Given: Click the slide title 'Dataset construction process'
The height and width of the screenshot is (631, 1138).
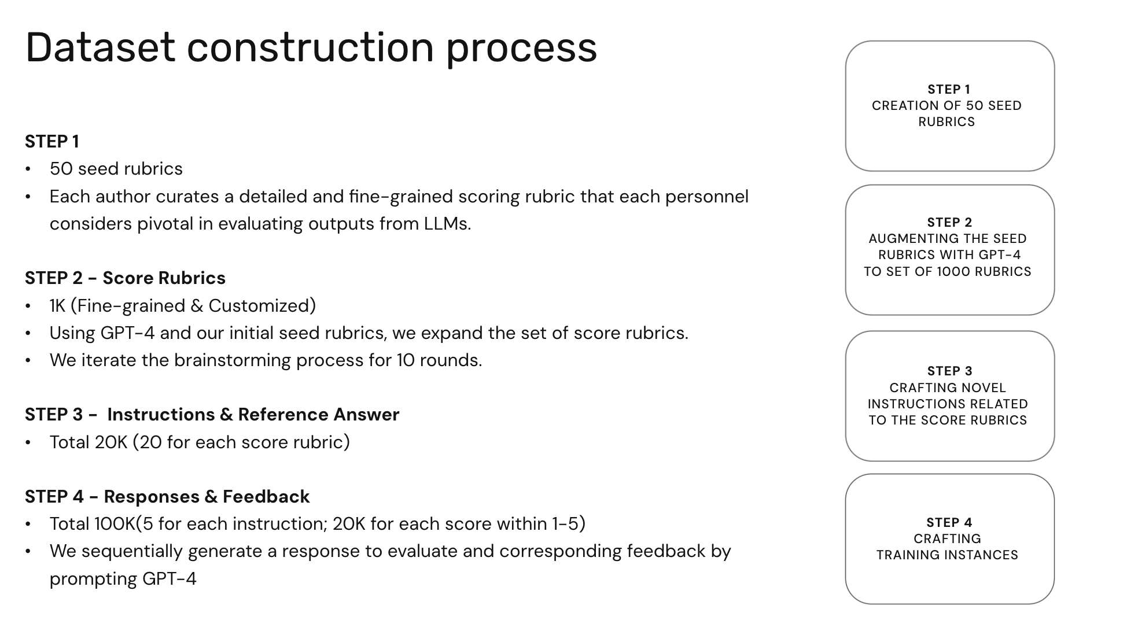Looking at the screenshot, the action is click(x=311, y=49).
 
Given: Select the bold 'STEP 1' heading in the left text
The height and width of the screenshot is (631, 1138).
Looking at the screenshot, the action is click(x=52, y=142).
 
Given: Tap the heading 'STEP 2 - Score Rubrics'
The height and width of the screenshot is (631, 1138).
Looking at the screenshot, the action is click(x=125, y=278).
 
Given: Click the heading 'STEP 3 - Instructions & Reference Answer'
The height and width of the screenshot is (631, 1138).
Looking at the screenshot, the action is click(x=212, y=415).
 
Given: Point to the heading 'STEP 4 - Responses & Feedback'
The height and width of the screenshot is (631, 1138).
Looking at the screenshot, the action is click(x=167, y=497).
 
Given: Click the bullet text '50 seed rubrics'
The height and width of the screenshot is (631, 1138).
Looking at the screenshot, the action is click(x=116, y=169).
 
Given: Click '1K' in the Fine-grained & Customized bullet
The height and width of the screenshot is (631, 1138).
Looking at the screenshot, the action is click(x=57, y=306).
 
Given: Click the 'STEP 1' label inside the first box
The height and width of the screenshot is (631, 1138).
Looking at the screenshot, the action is click(x=949, y=90).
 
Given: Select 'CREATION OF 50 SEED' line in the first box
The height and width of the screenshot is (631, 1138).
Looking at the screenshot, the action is click(x=947, y=106).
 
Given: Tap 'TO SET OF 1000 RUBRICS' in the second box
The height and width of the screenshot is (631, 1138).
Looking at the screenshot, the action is click(x=948, y=272).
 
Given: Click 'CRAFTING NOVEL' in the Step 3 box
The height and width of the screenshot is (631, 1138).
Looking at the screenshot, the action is click(x=948, y=388).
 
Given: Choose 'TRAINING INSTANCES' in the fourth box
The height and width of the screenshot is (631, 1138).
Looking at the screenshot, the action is click(x=947, y=555).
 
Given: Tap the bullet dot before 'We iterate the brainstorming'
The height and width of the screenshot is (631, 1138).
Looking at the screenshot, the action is click(x=28, y=361).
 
